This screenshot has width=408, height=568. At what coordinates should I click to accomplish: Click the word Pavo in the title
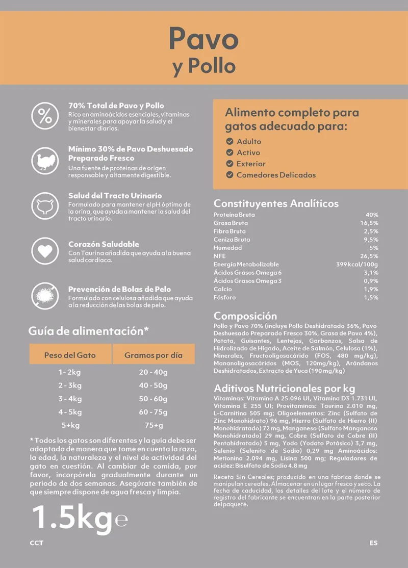coord(203,39)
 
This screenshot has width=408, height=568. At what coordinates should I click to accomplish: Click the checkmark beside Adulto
coord(229,141)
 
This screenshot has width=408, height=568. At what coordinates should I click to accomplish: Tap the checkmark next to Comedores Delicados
coord(229,175)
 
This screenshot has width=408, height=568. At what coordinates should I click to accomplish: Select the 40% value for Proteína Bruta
coord(372,215)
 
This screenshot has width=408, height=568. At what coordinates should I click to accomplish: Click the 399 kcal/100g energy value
coord(357,264)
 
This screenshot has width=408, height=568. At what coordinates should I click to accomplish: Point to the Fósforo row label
coord(225,297)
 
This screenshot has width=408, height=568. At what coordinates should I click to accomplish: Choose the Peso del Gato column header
coord(70,355)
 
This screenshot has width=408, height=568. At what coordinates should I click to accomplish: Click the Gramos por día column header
coord(153,355)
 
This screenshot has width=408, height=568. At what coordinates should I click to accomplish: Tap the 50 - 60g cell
coord(153,399)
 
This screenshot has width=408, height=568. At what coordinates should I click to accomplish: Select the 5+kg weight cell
coord(70,425)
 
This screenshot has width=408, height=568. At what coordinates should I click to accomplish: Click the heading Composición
coord(245,316)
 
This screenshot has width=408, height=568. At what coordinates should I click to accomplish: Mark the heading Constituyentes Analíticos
coord(276,203)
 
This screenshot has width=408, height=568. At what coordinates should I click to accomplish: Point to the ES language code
coord(374,543)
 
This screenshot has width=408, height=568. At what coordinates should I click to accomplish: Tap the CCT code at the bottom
coord(37,543)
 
